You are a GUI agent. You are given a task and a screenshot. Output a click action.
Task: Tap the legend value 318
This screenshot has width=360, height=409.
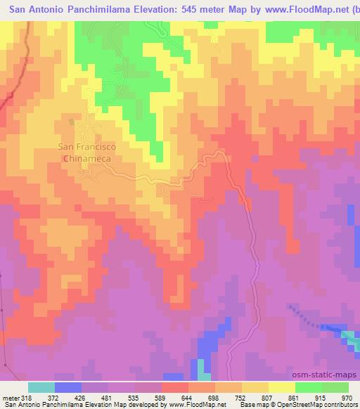[24, 397]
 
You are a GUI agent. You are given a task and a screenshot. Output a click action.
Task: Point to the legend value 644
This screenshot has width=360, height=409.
[186, 397]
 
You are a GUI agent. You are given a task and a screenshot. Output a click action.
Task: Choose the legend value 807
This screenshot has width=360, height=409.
[266, 397]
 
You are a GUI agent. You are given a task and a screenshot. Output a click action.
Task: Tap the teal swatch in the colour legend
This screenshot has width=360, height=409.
[41, 387]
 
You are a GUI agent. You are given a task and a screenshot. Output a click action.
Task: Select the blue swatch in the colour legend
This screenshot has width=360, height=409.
[68, 387]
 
